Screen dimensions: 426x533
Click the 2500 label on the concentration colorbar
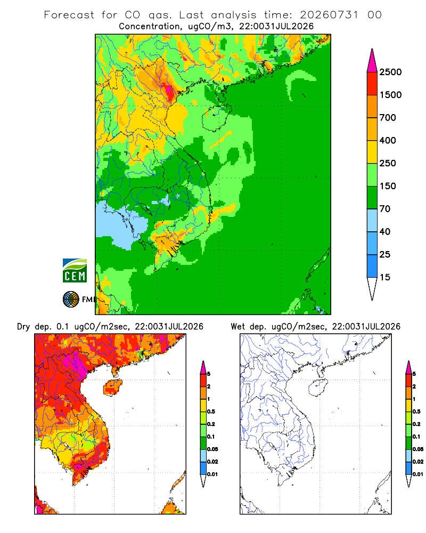(x=390, y=72)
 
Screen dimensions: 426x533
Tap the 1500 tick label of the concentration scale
(x=390, y=95)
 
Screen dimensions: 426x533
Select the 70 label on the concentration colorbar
(x=385, y=209)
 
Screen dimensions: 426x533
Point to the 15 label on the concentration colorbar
(x=385, y=277)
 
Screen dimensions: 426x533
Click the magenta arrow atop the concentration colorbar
(x=372, y=61)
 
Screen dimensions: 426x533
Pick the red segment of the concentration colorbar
(x=372, y=84)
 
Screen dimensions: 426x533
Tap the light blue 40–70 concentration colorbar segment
(x=372, y=220)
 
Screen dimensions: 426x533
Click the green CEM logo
(x=75, y=271)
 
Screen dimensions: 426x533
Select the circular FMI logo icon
(x=71, y=300)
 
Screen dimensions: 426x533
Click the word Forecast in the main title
(x=69, y=15)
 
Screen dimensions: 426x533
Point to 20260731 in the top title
(x=329, y=15)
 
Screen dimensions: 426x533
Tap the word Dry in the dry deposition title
(x=23, y=327)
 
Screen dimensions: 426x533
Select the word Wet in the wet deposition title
(x=237, y=327)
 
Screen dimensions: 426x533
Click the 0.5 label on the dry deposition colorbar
(x=211, y=411)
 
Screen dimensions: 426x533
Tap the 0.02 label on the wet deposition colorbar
(x=418, y=462)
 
